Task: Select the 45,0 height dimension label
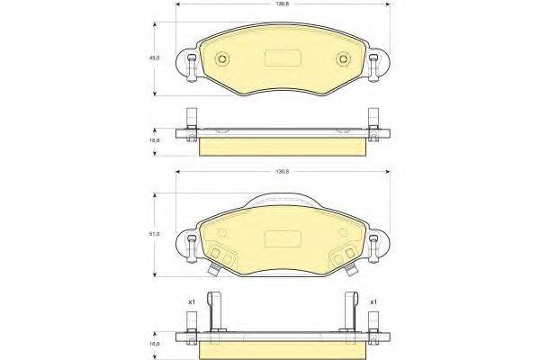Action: (x=154, y=58)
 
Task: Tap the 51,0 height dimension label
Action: (x=154, y=234)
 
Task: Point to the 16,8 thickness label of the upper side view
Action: (x=154, y=141)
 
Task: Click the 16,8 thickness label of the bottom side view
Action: (x=154, y=343)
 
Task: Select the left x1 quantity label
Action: (x=192, y=301)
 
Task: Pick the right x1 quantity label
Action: (x=373, y=301)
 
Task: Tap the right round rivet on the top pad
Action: (x=342, y=61)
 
